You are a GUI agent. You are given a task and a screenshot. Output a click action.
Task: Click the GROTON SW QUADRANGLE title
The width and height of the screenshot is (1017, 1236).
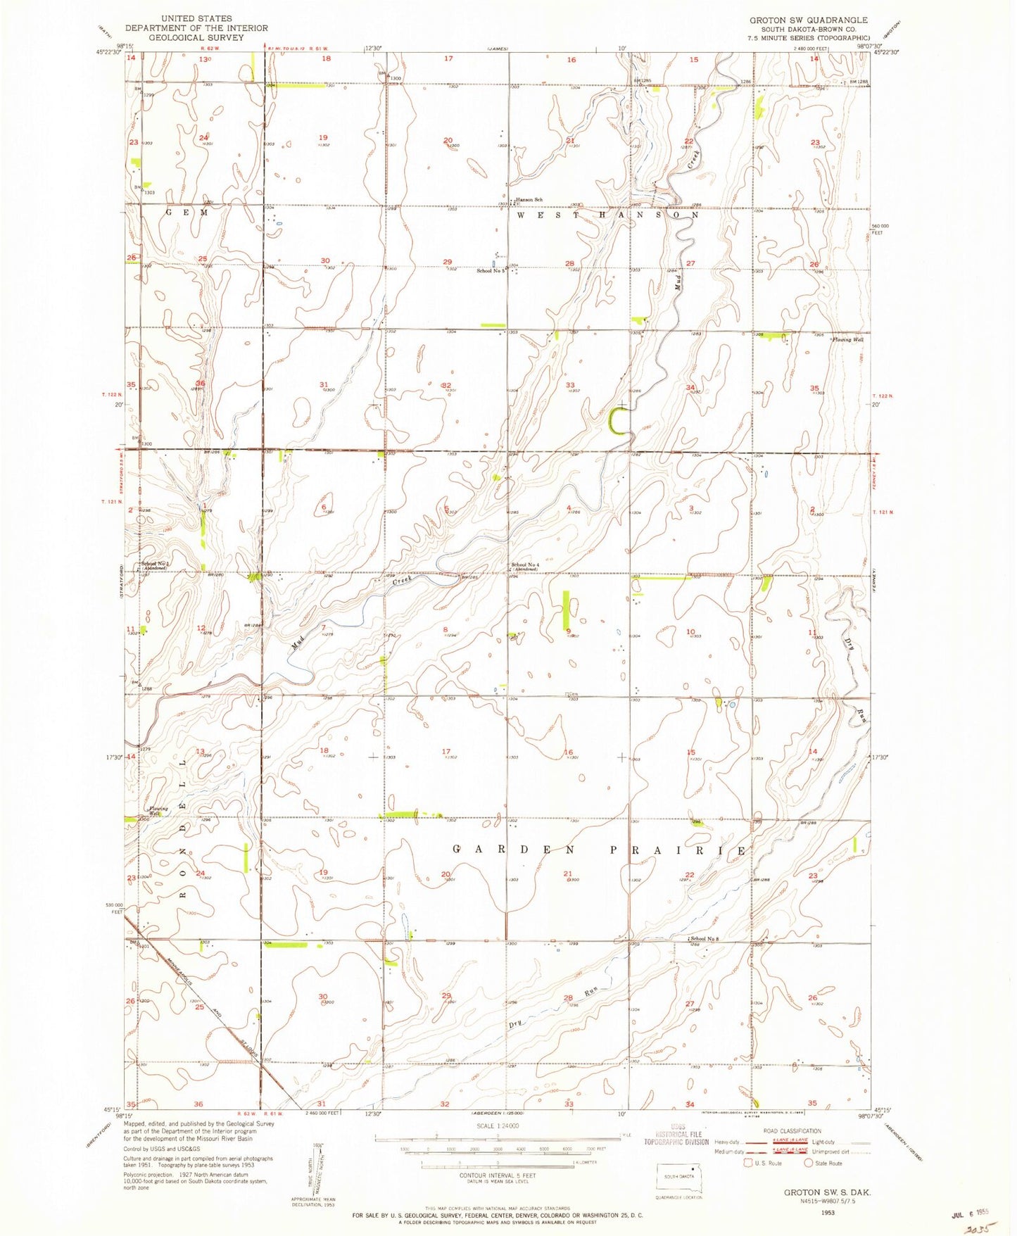coord(808,20)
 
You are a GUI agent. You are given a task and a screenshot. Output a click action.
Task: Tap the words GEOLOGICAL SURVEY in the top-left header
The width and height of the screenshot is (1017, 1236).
coord(196,37)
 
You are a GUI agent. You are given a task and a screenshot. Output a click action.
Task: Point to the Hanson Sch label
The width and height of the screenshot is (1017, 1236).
coord(529,200)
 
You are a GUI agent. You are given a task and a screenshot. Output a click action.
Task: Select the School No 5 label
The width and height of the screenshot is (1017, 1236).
coord(491,270)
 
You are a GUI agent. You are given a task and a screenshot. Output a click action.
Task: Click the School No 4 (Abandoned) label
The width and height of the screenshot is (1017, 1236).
coord(526,567)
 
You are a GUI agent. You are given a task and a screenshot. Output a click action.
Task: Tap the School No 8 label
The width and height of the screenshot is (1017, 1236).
coord(706,939)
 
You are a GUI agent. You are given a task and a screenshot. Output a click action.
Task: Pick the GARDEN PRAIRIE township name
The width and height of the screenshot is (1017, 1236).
coord(599,850)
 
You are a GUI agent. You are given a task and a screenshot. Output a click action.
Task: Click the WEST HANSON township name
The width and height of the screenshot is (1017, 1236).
coord(607,216)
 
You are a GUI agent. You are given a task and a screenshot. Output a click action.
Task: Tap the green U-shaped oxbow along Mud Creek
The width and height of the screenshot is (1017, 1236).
coord(618,421)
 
